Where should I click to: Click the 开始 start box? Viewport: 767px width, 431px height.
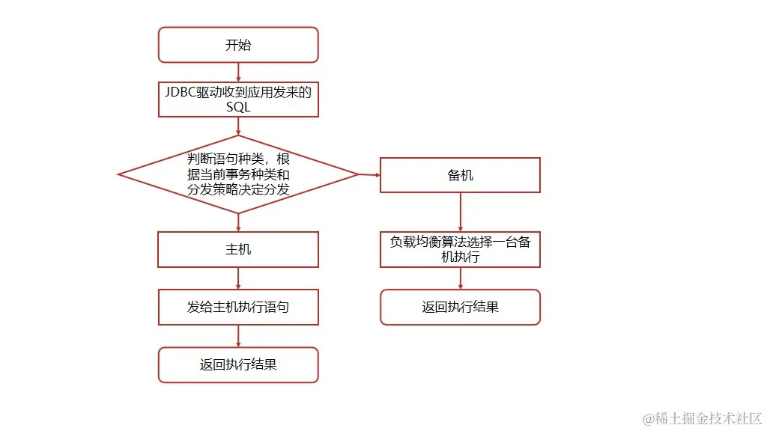click(238, 45)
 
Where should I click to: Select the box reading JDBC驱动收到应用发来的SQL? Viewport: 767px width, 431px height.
click(238, 99)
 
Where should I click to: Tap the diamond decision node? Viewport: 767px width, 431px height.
click(238, 174)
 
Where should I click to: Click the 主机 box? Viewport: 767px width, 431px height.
click(238, 249)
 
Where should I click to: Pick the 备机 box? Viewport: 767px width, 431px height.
click(460, 175)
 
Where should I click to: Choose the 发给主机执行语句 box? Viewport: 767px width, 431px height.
click(238, 307)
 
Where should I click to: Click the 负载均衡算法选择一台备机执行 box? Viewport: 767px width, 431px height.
click(460, 249)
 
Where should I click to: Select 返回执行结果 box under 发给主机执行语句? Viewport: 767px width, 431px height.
click(238, 365)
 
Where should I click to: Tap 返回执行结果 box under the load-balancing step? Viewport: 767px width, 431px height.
click(460, 307)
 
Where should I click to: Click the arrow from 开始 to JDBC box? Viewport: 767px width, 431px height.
click(238, 72)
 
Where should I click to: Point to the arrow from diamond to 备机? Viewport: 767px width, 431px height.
click(369, 174)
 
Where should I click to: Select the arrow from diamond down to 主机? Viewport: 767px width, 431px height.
click(238, 222)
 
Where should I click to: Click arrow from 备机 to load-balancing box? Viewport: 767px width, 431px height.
click(460, 213)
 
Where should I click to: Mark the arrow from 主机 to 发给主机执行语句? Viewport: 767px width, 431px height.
click(238, 278)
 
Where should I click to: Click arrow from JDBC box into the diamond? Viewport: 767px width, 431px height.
click(238, 126)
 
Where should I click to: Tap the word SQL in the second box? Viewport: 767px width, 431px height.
click(238, 107)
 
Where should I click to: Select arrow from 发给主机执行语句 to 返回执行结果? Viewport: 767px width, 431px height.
click(238, 336)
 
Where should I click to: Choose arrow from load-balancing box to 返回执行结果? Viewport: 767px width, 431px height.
click(460, 278)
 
